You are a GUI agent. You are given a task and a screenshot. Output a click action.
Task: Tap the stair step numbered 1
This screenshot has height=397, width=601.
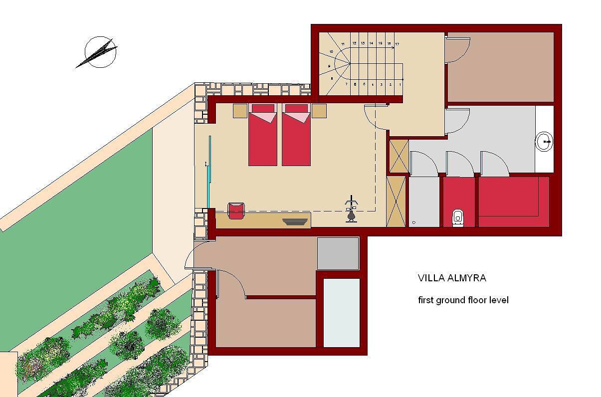click(399, 85)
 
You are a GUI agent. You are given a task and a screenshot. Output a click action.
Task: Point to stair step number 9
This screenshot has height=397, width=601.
click(329, 66)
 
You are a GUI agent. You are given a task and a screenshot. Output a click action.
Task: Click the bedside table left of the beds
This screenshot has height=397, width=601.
click(240, 111)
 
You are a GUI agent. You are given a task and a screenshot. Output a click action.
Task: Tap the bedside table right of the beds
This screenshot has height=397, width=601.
click(319, 111)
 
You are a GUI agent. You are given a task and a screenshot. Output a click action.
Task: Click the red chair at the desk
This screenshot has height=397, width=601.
click(236, 210)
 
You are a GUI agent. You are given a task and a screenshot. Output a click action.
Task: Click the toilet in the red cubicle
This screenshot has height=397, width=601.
click(458, 217)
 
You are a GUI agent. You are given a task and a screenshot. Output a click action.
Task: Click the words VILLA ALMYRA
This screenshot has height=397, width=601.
click(451, 278)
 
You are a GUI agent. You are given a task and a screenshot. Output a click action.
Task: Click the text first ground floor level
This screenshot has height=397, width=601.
click(463, 300)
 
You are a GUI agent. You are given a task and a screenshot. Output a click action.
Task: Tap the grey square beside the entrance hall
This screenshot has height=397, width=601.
click(338, 253)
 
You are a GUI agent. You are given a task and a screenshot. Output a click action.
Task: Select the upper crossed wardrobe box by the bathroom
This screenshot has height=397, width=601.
click(399, 157)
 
